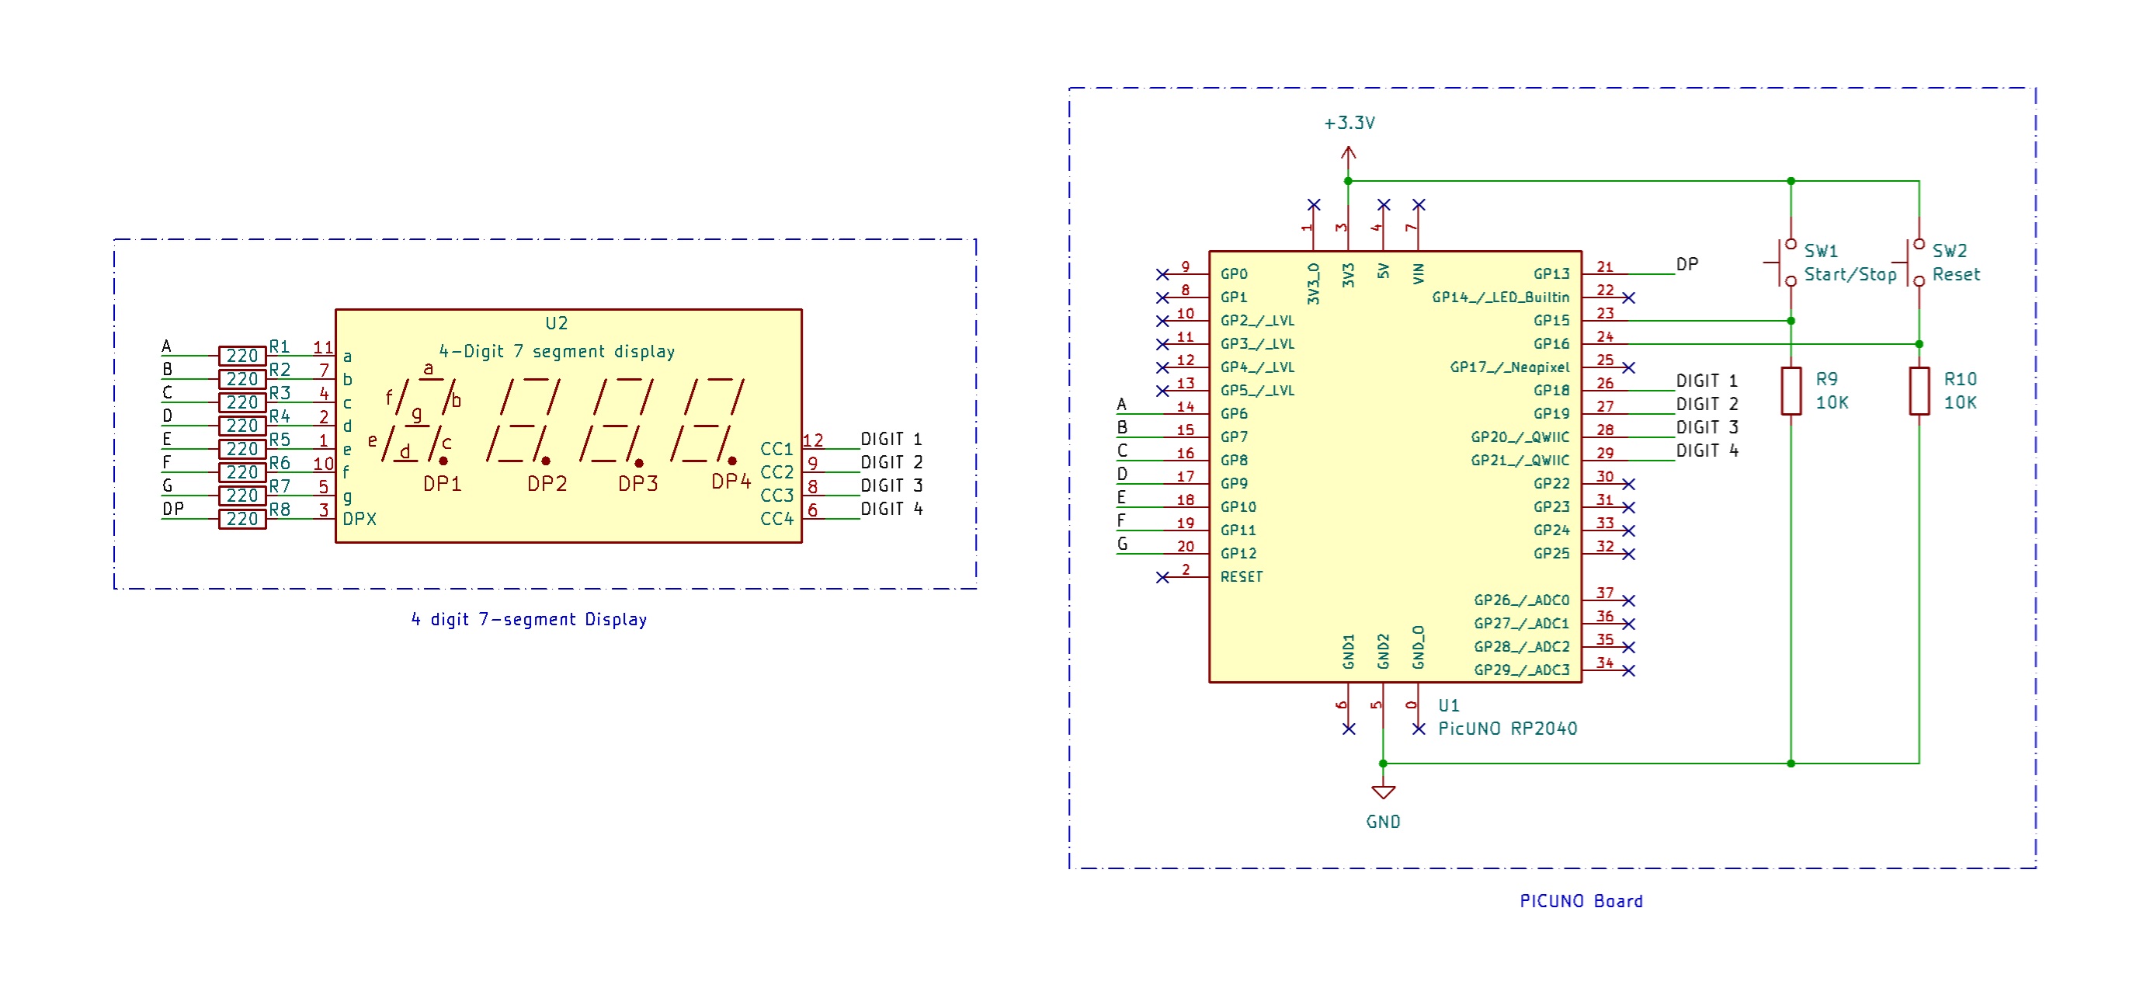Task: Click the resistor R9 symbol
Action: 1790,390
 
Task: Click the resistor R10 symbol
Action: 1919,390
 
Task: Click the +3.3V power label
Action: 1349,123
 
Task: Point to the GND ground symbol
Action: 1383,791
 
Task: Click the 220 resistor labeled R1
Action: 242,356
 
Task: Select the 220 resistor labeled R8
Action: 242,519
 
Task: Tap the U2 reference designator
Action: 557,323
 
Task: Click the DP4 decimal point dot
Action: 732,460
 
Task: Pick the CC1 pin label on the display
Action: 776,449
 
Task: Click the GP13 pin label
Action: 1551,273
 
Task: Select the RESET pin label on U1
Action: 1242,576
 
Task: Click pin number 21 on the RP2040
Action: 1605,267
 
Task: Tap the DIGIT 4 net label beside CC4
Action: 891,509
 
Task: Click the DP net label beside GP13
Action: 1686,265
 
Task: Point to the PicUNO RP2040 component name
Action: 1507,729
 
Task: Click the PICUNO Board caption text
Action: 1581,901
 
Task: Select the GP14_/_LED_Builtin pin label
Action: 1500,297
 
